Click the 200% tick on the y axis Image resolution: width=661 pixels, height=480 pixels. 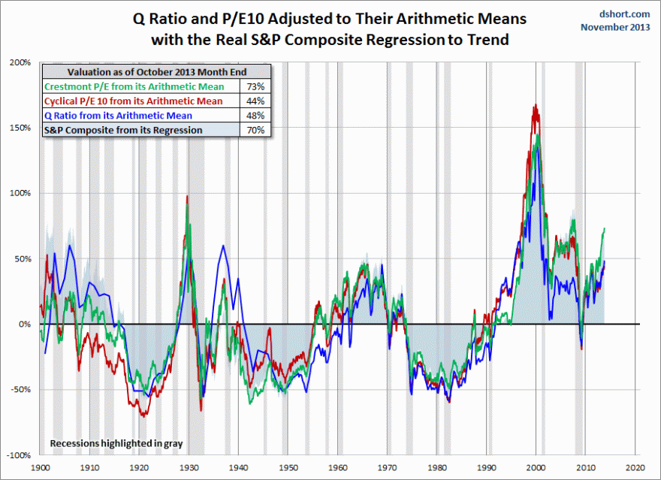point(21,62)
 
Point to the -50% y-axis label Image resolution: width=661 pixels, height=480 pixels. point(20,390)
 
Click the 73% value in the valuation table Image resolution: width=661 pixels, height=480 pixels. point(255,87)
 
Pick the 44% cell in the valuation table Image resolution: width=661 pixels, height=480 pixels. point(255,101)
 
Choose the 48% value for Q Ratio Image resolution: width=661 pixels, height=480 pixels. point(255,116)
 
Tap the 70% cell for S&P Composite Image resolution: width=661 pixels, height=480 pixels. point(255,130)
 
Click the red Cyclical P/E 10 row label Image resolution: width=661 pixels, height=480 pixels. point(134,101)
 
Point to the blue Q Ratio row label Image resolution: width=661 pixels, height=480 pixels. point(118,116)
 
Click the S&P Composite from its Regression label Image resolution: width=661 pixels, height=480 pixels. point(123,130)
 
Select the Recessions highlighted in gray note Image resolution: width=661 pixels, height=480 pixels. point(116,443)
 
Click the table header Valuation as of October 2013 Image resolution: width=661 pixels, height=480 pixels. point(156,73)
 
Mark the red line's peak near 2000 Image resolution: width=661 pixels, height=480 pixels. point(536,105)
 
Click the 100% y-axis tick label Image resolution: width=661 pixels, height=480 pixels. point(21,193)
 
